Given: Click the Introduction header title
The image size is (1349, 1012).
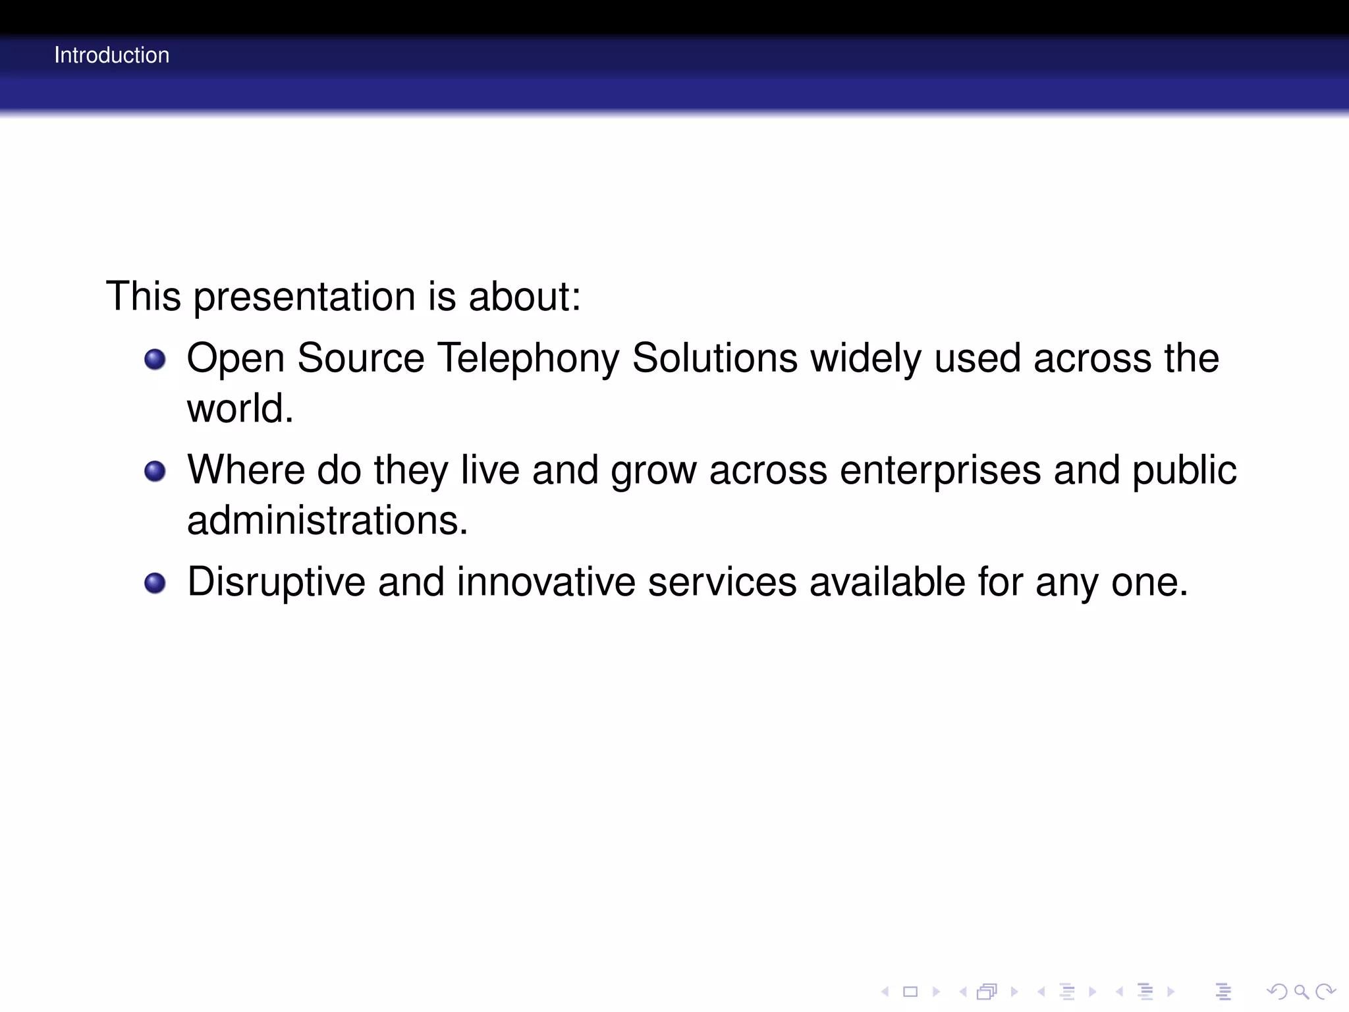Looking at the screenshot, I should click(111, 55).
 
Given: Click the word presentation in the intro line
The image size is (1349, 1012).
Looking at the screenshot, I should click(304, 297).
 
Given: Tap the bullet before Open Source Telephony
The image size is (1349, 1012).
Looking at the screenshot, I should click(155, 359).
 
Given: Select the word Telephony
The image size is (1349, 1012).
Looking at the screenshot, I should click(528, 359).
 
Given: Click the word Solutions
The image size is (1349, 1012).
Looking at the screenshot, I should click(715, 359).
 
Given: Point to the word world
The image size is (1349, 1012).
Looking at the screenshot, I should click(240, 408).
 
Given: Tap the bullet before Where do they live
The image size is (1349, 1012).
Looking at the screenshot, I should click(155, 471).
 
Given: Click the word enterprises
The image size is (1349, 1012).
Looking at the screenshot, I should click(940, 471).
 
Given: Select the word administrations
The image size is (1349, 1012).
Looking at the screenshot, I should click(327, 520).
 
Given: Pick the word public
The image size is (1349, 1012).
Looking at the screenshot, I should click(1184, 471).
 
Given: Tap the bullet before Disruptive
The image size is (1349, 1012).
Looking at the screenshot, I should click(155, 583).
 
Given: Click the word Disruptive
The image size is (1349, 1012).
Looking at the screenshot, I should click(276, 582).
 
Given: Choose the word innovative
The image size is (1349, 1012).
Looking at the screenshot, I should click(545, 582).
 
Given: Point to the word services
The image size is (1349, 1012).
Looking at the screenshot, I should click(722, 582).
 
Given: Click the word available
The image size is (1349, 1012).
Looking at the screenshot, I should click(887, 582).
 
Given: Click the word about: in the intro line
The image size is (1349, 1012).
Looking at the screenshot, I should click(524, 297).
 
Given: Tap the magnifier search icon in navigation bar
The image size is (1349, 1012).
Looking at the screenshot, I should click(1300, 992).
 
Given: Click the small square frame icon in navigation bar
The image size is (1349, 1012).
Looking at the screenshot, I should click(910, 992).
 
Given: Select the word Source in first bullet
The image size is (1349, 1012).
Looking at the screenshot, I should click(360, 359).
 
